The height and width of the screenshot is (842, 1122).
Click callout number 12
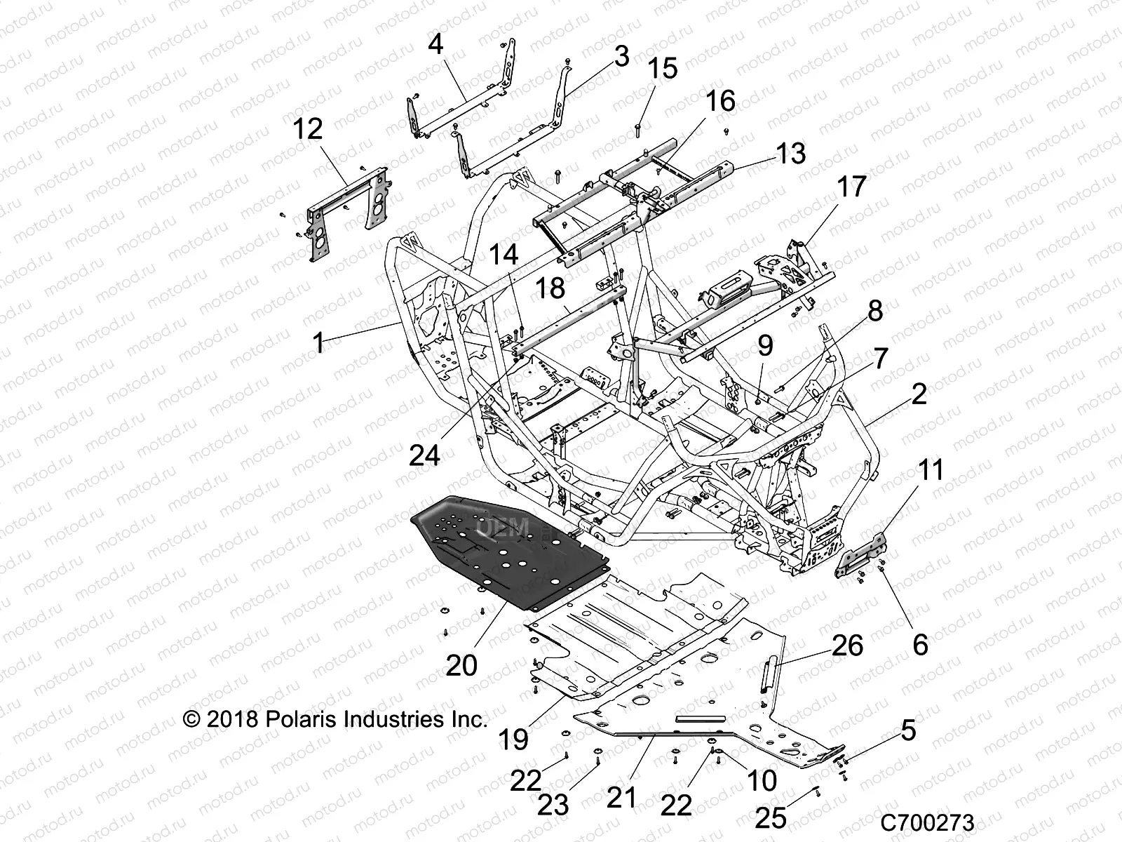pos(308,129)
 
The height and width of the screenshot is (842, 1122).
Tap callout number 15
pos(663,69)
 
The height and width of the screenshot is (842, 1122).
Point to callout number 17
pos(851,187)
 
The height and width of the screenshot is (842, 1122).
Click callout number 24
pos(424,455)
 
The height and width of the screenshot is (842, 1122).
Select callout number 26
pos(847,645)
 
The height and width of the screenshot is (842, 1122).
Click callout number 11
pos(931,470)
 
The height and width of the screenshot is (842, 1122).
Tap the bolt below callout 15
pos(658,128)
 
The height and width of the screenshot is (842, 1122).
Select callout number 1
pos(319,344)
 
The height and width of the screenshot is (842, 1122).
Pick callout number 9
pos(765,345)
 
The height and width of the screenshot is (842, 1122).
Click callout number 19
pos(514,740)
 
